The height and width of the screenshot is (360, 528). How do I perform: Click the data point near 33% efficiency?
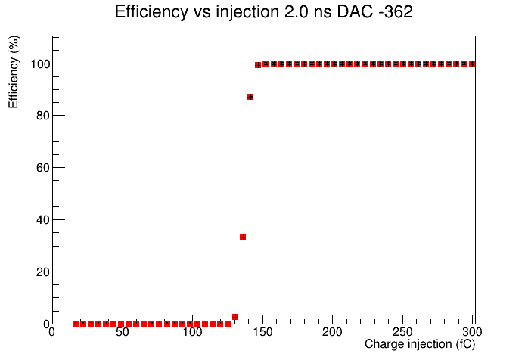[x=243, y=237]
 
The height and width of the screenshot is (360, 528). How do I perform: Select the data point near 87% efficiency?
[x=250, y=97]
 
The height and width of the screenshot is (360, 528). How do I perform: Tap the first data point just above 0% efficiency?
[x=235, y=317]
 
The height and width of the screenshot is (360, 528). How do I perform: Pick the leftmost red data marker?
[x=76, y=324]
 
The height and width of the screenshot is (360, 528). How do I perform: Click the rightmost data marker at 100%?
[x=472, y=64]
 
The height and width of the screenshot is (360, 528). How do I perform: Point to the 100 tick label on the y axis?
[x=40, y=64]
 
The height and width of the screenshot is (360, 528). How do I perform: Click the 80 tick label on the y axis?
[x=43, y=116]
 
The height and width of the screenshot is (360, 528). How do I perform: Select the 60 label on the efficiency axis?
[x=43, y=168]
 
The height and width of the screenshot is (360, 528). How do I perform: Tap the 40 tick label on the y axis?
[x=43, y=220]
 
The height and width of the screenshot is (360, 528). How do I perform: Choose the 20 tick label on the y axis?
[x=43, y=272]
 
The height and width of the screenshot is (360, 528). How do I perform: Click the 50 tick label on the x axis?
[x=123, y=332]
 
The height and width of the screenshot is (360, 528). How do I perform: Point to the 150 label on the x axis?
[x=262, y=332]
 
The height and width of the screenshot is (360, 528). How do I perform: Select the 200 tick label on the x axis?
[x=332, y=332]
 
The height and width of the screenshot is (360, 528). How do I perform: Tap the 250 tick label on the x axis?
[x=402, y=332]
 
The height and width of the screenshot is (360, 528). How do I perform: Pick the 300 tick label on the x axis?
[x=472, y=332]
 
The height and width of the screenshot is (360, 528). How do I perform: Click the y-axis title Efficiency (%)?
[x=14, y=72]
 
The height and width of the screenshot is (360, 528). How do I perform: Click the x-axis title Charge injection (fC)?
[x=420, y=344]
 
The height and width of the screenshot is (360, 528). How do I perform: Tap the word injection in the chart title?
[x=247, y=12]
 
